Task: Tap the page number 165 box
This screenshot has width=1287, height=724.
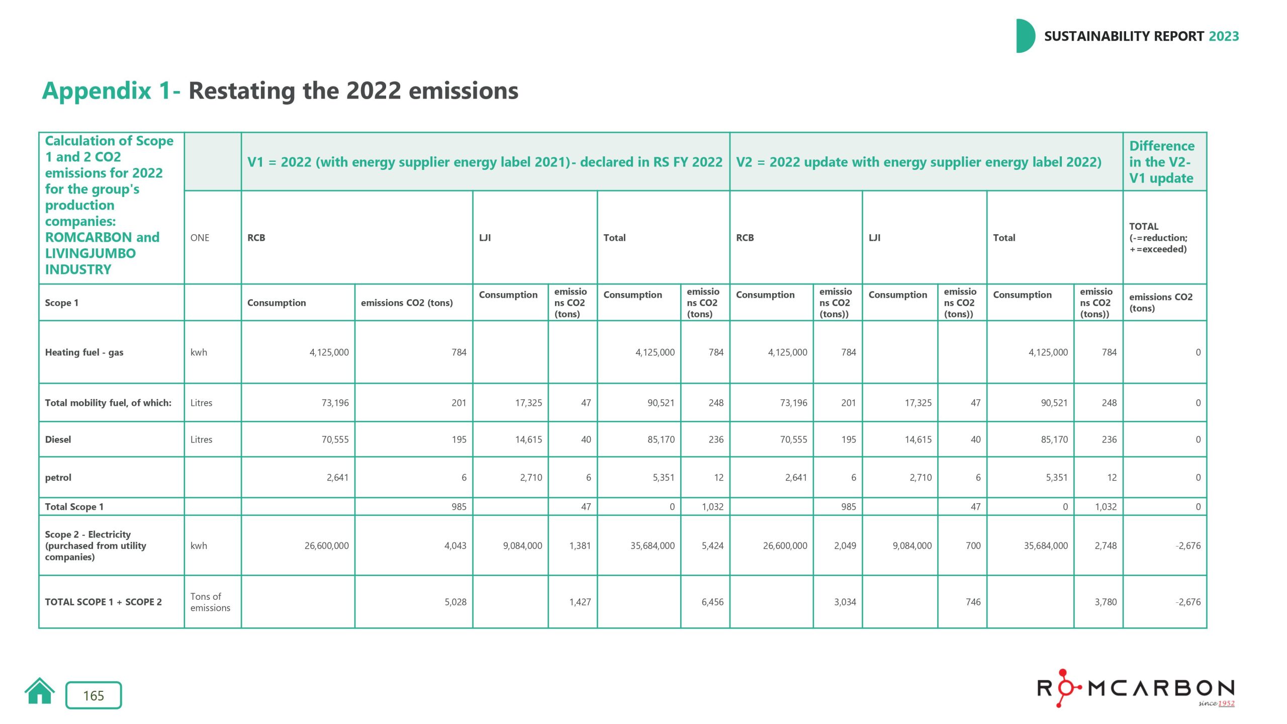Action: coord(94,695)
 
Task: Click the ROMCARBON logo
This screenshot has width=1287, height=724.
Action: coord(1136,688)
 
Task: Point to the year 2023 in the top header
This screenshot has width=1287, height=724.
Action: coord(1224,36)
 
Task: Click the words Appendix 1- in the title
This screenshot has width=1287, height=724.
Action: coord(111,91)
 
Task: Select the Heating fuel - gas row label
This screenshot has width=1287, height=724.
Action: coord(84,352)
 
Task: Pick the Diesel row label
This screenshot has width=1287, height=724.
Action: coord(58,439)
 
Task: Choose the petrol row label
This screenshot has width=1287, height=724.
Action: coord(58,478)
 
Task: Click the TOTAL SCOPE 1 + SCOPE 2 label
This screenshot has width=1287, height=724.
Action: coord(103,602)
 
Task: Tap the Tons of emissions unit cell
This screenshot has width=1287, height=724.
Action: coord(210,602)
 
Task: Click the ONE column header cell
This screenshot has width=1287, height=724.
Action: coord(200,238)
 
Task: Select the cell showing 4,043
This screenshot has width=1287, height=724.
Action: coord(455,546)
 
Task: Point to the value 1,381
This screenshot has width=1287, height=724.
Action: coord(580,546)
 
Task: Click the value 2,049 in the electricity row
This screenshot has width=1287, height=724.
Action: coord(845,546)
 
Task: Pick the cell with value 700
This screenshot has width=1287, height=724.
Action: coord(973,546)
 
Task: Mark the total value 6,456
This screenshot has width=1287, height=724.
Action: coord(712,602)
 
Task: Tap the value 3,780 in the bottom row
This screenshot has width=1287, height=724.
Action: coord(1106,602)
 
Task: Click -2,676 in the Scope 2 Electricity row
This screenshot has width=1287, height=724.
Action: coord(1187,546)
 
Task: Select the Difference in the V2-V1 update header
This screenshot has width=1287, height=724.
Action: coord(1161,162)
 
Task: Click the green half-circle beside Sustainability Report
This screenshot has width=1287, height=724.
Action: coord(1025,36)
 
